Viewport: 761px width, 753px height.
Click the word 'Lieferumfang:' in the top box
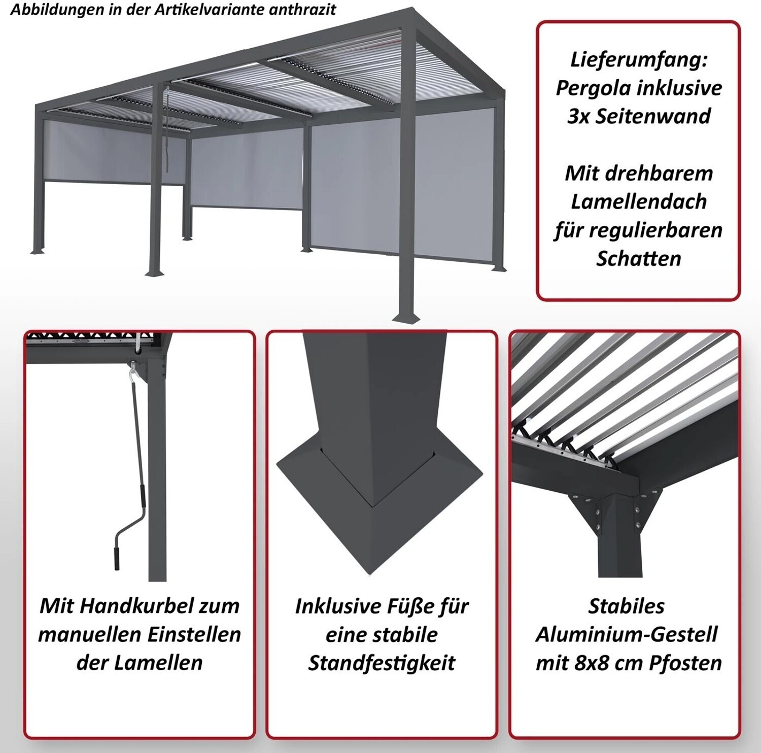(x=639, y=60)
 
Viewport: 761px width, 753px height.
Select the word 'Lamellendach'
(x=639, y=201)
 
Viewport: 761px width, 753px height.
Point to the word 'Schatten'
(x=638, y=258)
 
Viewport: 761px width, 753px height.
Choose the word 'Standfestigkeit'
(x=382, y=663)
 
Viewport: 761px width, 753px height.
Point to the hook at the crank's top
(x=133, y=367)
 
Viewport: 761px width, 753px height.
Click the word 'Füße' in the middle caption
(x=414, y=606)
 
